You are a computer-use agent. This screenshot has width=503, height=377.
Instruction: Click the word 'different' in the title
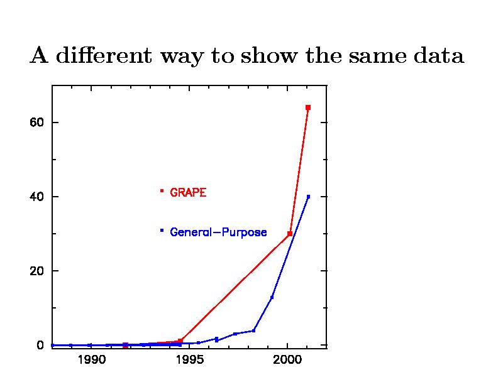click(x=102, y=56)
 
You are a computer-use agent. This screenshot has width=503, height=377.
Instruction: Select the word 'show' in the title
click(x=267, y=56)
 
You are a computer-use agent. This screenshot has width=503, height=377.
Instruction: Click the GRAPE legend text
click(x=188, y=193)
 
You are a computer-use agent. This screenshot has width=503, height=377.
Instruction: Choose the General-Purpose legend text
click(x=219, y=232)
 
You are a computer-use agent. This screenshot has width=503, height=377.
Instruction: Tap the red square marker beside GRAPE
click(x=162, y=190)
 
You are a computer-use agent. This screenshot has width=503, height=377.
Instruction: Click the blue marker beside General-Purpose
click(x=162, y=231)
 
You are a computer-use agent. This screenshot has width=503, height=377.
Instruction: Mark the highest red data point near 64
click(x=308, y=107)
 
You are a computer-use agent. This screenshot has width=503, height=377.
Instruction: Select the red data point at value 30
click(x=290, y=234)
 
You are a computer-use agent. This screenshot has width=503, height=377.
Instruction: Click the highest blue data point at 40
click(x=308, y=197)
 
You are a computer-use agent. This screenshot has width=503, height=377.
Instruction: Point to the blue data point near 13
click(x=272, y=297)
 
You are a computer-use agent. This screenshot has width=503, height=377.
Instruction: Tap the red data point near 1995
click(x=180, y=341)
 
